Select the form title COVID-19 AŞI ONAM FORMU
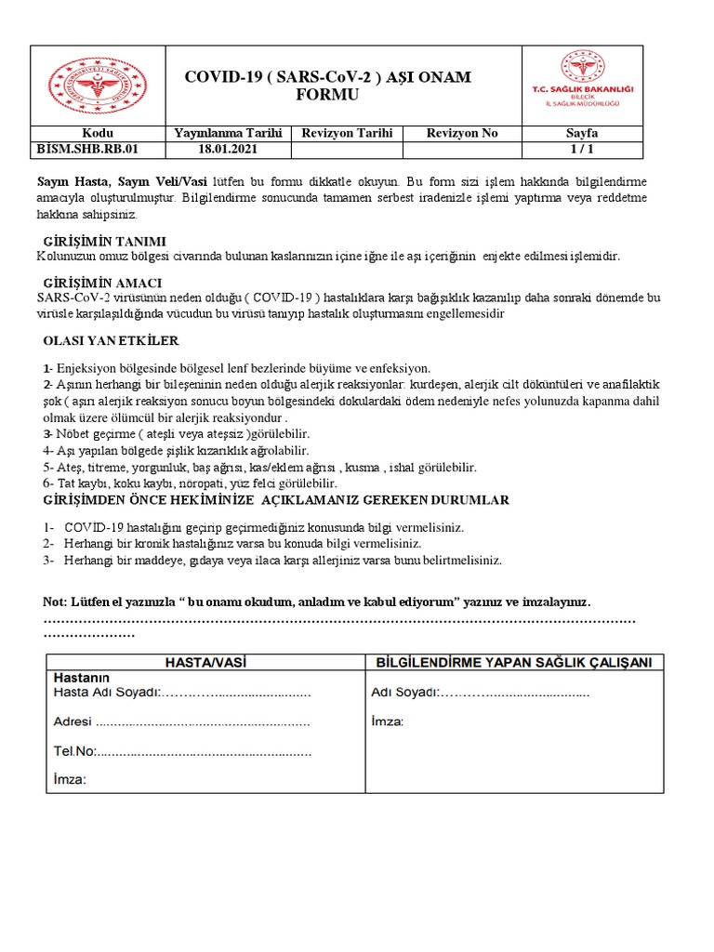pyautogui.click(x=327, y=86)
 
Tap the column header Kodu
pyautogui.click(x=97, y=133)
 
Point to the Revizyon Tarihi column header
pyautogui.click(x=348, y=133)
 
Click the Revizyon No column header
pyautogui.click(x=462, y=133)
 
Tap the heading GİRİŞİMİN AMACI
pyautogui.click(x=103, y=283)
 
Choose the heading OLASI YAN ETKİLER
pyautogui.click(x=111, y=341)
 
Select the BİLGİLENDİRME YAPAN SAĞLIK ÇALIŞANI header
pyautogui.click(x=513, y=662)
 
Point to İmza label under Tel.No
pyautogui.click(x=71, y=780)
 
